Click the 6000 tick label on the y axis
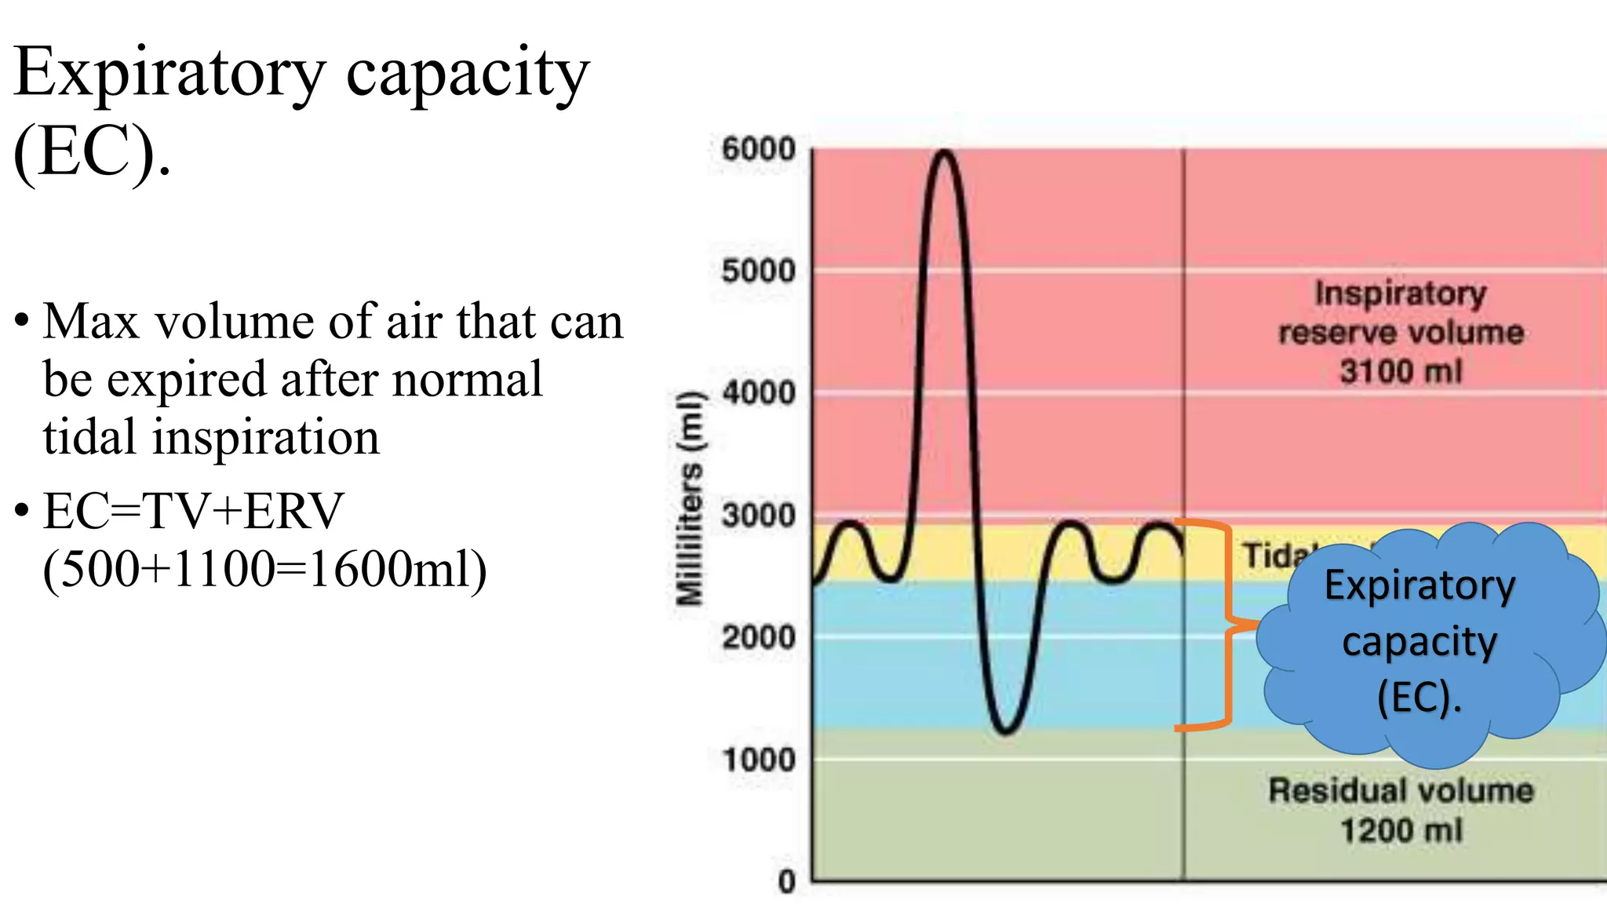758,148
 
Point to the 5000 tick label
758,271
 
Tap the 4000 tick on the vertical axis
758,392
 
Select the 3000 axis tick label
758,516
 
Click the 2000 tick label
758,637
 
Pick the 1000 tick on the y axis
758,760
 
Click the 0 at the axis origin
786,882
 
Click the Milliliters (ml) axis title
690,498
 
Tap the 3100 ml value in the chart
1401,371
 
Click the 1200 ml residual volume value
1401,830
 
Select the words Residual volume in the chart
1401,790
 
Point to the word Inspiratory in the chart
1401,293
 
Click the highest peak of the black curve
945,152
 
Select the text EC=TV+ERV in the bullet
193,511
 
